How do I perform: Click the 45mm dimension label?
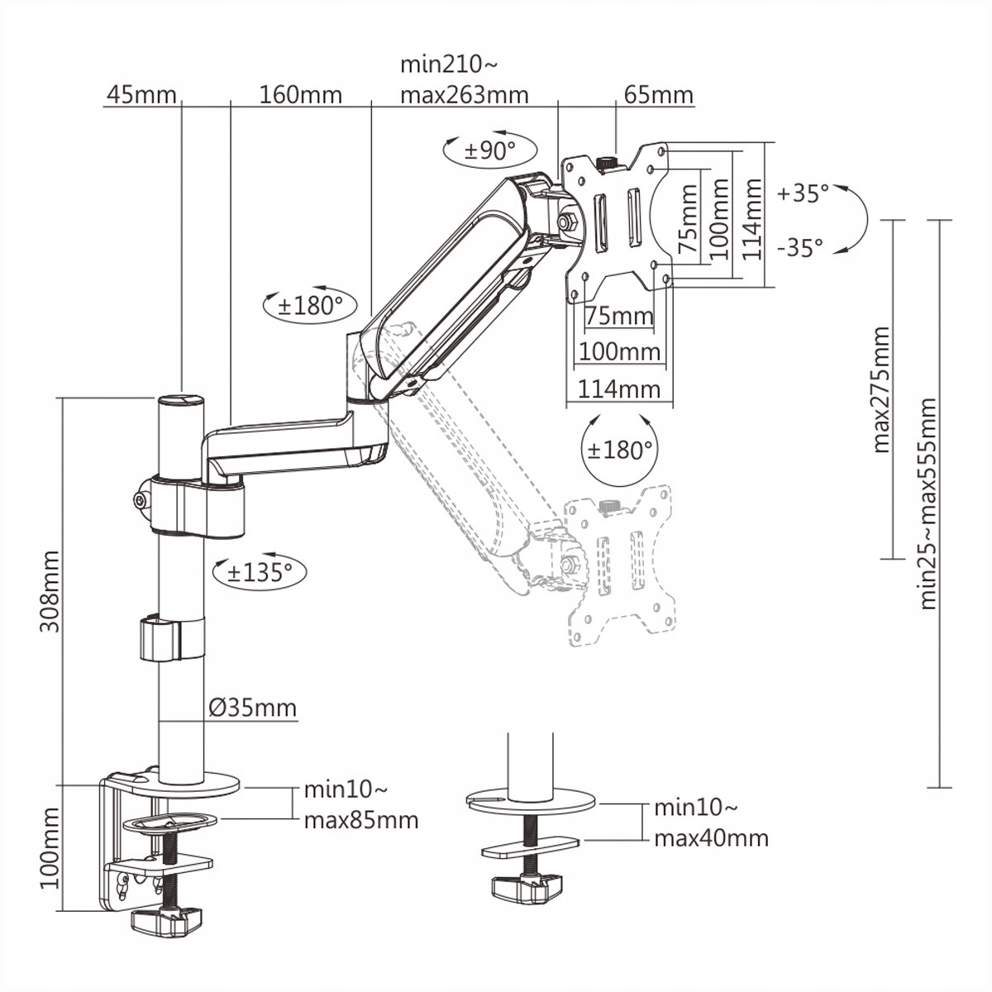pos(141,95)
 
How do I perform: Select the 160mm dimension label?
pos(300,95)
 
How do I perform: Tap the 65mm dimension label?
pos(658,95)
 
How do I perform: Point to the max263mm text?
pos(464,95)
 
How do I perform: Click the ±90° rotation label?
pos(489,150)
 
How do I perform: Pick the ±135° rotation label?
pos(260,572)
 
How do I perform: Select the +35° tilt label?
pos(803,193)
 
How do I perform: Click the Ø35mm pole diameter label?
pos(252,708)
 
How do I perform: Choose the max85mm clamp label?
pos(360,821)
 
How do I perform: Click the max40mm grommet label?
pos(711,838)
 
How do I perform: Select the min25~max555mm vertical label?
pos(928,504)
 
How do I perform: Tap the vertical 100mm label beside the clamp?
pos(50,848)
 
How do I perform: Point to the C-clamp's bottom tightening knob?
pos(169,920)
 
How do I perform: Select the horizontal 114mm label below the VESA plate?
pos(619,389)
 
